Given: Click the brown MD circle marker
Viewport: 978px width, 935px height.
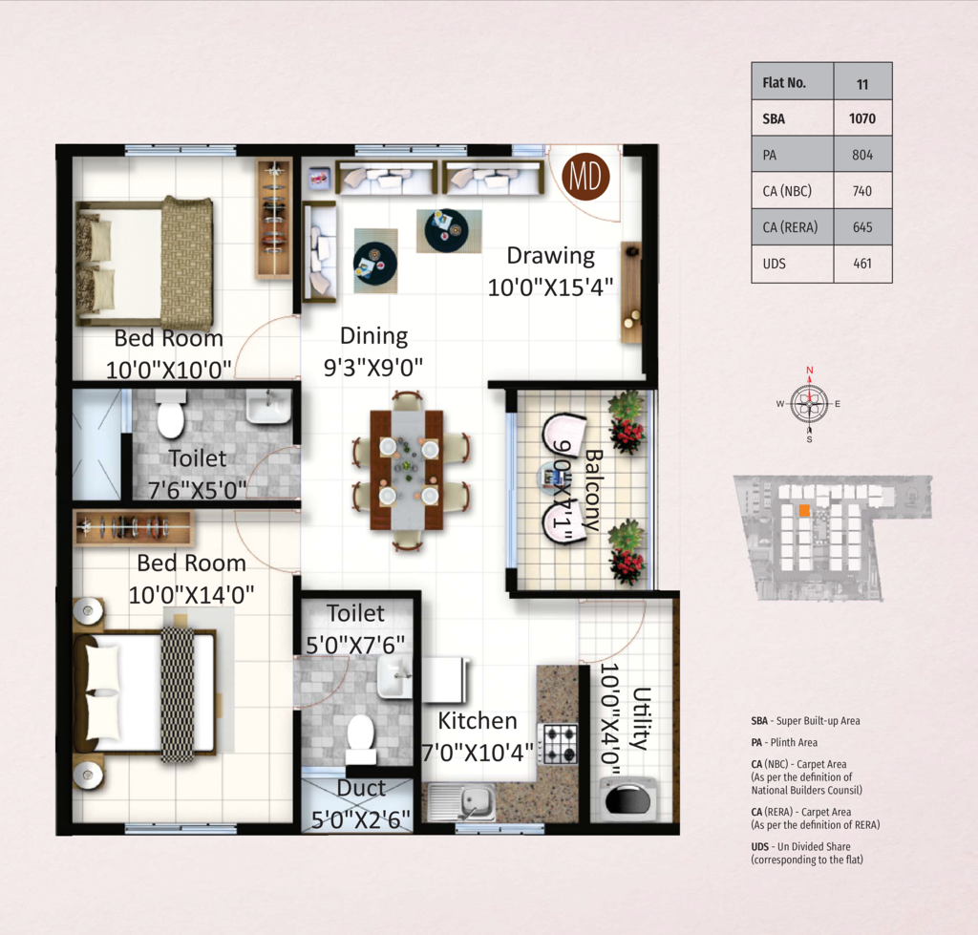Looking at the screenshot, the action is click(x=585, y=177).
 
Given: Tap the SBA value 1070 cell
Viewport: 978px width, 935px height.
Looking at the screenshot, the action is click(x=862, y=117).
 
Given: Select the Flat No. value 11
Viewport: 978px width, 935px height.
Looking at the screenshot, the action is click(x=862, y=84).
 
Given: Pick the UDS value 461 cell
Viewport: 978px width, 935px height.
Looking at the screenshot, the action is click(x=862, y=264).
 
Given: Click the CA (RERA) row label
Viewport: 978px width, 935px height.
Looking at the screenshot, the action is click(x=790, y=227).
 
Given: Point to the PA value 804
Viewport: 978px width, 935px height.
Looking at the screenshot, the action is click(x=862, y=155).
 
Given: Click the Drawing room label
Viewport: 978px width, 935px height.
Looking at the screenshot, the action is click(x=551, y=256).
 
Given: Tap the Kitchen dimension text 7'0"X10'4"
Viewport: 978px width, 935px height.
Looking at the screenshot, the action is click(x=478, y=753).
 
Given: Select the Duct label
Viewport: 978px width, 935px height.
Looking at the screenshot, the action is click(x=361, y=788).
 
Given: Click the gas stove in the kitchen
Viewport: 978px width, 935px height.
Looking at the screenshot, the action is click(x=560, y=743).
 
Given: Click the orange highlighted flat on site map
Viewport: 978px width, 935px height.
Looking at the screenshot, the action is click(x=804, y=510).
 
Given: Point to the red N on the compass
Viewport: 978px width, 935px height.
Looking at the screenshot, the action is click(x=810, y=370).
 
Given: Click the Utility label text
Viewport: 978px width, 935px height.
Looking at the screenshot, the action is click(x=642, y=718).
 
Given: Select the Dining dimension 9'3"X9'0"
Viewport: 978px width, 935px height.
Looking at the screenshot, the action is click(x=373, y=368).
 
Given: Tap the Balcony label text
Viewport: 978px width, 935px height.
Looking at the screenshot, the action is click(x=592, y=490).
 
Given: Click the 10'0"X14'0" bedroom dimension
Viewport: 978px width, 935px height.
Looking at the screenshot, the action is click(x=191, y=594).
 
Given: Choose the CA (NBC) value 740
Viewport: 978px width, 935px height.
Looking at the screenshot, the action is click(x=862, y=191).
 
